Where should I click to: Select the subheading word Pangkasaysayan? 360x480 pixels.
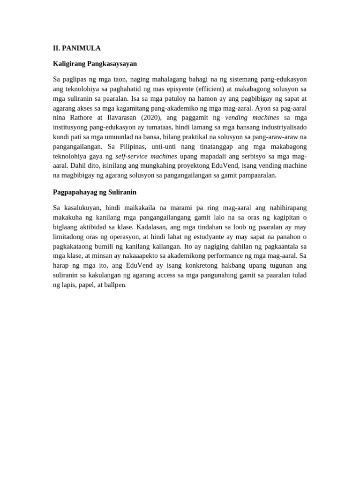[x=115, y=63]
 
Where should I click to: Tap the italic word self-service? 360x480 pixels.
[x=130, y=156]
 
